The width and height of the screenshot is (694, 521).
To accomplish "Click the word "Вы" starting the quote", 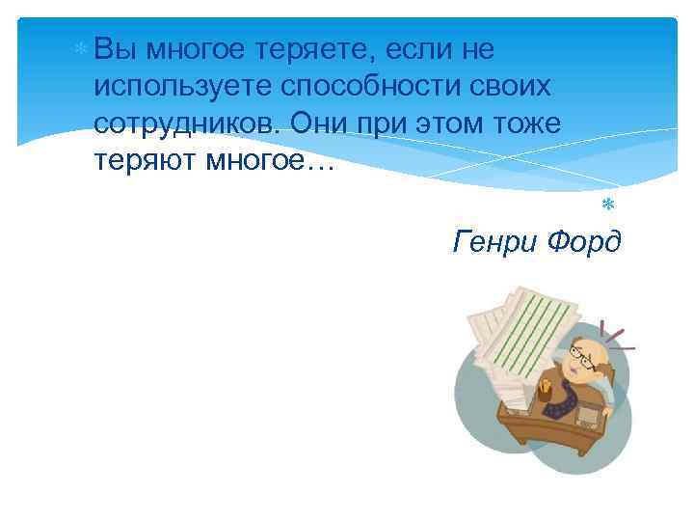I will coord(115,48).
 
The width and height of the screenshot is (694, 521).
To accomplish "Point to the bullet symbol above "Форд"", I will coord(608,204).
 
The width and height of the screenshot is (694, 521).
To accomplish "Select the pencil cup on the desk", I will coord(546,392).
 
